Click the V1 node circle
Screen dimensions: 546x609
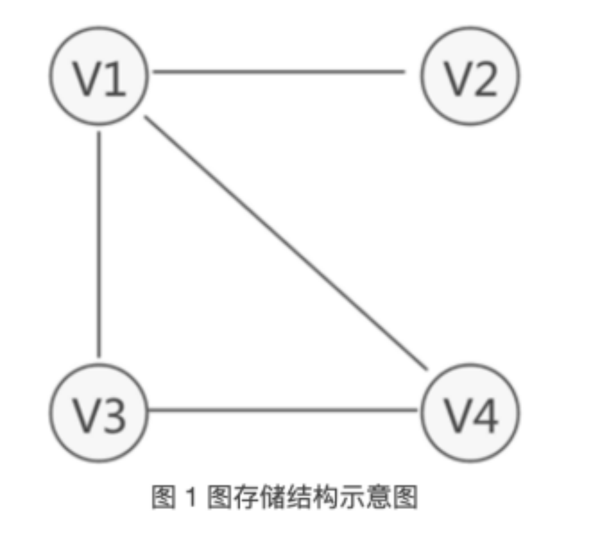coord(98,76)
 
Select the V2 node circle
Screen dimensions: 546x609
coord(470,76)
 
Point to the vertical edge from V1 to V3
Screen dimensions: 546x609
coord(99,245)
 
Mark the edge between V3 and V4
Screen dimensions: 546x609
coord(282,410)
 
